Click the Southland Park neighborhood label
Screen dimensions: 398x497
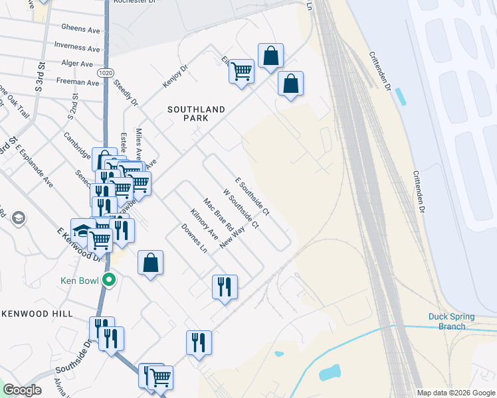point(196,113)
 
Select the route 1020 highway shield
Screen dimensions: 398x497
point(106,72)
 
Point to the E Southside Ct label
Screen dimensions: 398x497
point(252,196)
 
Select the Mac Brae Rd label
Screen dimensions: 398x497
point(217,214)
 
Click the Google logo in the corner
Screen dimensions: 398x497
point(22,390)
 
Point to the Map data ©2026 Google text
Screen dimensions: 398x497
point(455,393)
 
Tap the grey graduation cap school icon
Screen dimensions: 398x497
point(18,218)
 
